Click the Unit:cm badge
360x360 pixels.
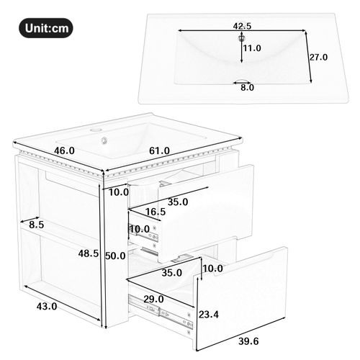[47, 30]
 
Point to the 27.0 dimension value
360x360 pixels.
[319, 57]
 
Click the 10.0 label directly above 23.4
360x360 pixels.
[212, 269]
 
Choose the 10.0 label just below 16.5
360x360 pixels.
[138, 230]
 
